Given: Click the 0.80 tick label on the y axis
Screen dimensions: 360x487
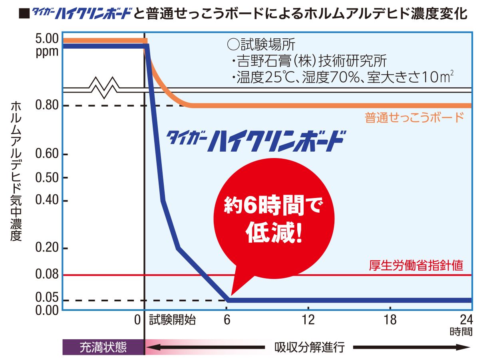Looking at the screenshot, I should click(47, 106).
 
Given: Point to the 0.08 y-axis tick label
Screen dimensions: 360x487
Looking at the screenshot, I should click(47, 275).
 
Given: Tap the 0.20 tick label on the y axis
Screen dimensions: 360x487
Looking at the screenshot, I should click(47, 248).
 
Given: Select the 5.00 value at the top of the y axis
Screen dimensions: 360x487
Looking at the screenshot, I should click(47, 40).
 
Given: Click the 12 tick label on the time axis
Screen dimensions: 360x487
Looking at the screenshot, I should click(308, 320).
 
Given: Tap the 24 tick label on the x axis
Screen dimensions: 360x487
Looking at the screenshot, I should click(466, 320).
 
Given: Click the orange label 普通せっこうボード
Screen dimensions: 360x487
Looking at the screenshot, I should click(414, 118).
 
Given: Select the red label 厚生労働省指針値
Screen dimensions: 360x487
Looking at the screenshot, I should click(416, 266).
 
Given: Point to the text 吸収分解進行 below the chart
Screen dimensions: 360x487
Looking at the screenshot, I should click(309, 347).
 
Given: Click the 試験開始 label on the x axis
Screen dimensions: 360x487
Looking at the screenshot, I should click(173, 320).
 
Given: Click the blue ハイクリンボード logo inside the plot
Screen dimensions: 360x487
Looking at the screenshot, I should click(256, 140).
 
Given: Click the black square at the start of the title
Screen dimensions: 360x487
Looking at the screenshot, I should click(24, 15).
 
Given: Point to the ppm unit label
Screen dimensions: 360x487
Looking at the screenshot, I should click(47, 51).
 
